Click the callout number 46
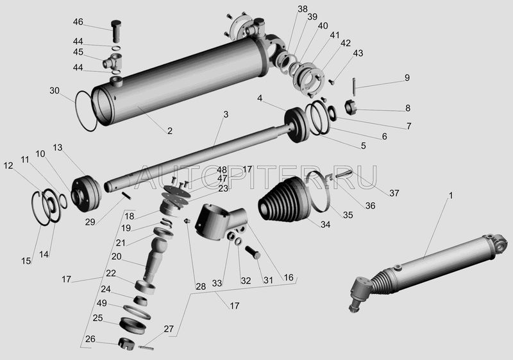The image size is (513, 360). pos(78,22)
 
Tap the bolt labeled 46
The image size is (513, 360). pos(117,31)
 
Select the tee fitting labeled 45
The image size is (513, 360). pos(113,61)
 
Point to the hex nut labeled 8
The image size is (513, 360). pos(351,107)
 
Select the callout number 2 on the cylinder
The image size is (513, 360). pos(169,131)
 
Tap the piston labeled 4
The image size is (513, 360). pos(296,125)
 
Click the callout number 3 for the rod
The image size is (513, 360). pos(226,114)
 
